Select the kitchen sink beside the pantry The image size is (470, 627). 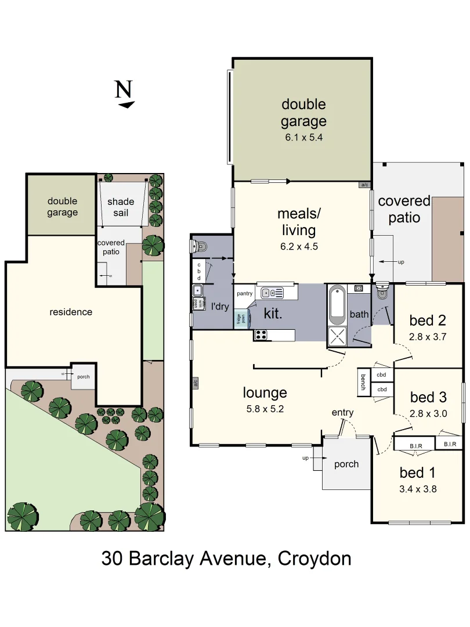[x=272, y=293]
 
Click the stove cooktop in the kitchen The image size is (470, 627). [x=260, y=335]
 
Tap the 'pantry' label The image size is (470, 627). [x=244, y=293]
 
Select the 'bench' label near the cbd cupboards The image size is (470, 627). [x=363, y=383]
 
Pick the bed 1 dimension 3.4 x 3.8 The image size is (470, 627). [x=418, y=489]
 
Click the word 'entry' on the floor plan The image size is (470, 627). [x=342, y=412]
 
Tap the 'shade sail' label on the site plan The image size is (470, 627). [x=121, y=207]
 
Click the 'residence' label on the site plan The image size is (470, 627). [x=71, y=312]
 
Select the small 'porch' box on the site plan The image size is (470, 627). [x=83, y=377]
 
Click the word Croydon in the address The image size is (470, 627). [x=314, y=558]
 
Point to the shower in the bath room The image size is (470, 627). [x=337, y=336]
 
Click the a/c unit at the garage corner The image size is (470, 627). [x=365, y=185]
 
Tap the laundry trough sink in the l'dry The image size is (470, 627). [x=198, y=291]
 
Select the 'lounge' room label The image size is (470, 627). [x=265, y=393]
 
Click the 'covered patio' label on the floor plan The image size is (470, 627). [x=404, y=210]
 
